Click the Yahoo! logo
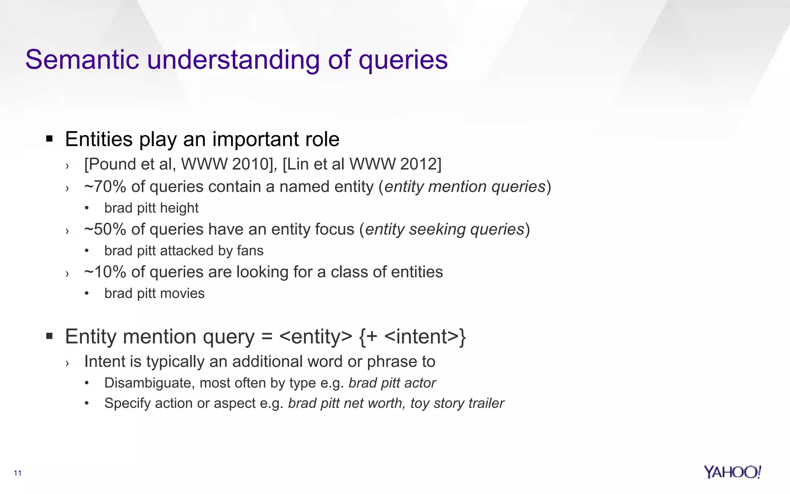tap(732, 472)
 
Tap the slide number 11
tap(17, 473)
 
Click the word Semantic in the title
tap(82, 60)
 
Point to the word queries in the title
tap(403, 60)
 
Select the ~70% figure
tap(105, 187)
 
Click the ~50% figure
tap(105, 230)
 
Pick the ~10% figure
tap(105, 272)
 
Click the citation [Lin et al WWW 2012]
tap(362, 164)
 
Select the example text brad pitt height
tap(151, 208)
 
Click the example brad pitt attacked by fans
tap(184, 251)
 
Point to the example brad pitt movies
tap(154, 294)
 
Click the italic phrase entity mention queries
tap(465, 187)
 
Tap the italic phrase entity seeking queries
tap(445, 230)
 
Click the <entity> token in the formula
tap(316, 337)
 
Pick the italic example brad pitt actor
tap(392, 383)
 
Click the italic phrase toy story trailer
tap(457, 403)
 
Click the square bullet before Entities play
tap(49, 139)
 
